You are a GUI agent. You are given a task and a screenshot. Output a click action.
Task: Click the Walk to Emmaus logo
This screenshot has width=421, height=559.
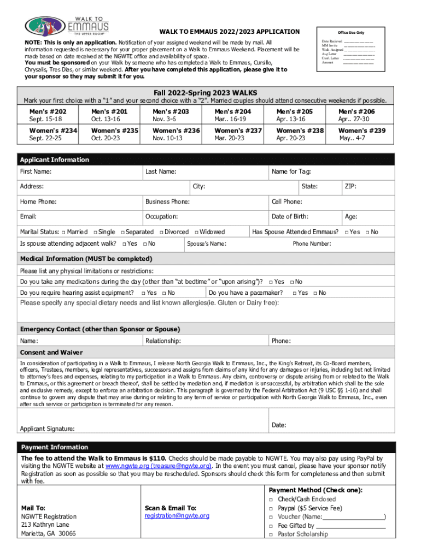[x=66, y=25]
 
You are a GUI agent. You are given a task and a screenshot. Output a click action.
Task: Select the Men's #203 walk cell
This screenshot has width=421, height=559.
[x=176, y=115]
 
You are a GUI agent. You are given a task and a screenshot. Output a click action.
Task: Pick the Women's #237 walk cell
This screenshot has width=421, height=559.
[x=238, y=135]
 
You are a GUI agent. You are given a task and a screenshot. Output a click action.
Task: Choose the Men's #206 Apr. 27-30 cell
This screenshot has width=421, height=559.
[x=361, y=115]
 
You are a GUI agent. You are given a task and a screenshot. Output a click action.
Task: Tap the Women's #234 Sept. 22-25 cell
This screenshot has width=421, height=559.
[x=52, y=135]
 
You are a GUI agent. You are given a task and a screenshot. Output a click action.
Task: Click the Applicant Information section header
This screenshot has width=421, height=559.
[x=54, y=160]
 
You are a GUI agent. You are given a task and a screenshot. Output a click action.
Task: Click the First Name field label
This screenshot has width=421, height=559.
[x=36, y=172]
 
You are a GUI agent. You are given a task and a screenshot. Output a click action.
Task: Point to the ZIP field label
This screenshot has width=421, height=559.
[x=350, y=187]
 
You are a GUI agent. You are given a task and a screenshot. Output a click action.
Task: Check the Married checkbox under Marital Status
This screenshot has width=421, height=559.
[x=63, y=233]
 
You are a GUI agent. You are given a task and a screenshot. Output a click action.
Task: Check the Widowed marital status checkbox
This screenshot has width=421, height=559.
[x=196, y=233]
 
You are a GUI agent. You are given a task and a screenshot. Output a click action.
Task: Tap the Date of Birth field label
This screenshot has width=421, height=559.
[x=290, y=217]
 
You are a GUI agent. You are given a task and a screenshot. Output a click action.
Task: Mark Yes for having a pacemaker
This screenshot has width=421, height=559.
[x=294, y=294]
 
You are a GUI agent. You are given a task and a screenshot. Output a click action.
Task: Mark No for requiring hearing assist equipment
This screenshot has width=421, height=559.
[x=163, y=294]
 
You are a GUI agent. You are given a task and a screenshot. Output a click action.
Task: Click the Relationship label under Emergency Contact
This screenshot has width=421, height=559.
[x=163, y=341]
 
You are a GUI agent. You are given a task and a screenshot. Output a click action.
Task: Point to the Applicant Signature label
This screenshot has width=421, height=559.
[x=48, y=429]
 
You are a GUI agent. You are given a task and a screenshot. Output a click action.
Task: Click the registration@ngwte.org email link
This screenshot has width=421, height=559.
[x=177, y=516]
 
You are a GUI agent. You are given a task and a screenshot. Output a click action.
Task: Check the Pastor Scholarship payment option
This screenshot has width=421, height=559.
[x=271, y=534]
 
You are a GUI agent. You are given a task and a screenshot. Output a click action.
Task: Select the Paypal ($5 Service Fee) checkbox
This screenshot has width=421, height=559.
[x=271, y=508]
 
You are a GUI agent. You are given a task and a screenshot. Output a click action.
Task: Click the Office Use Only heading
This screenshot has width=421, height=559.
[x=350, y=33]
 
